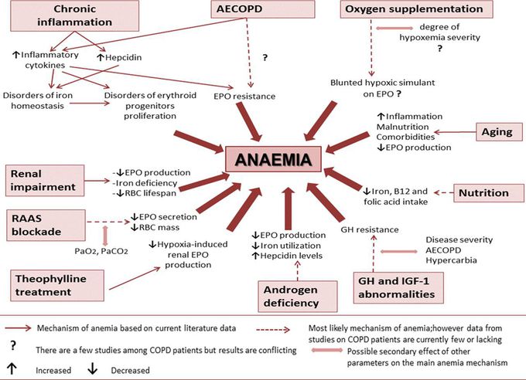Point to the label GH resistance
tap(370, 229)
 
